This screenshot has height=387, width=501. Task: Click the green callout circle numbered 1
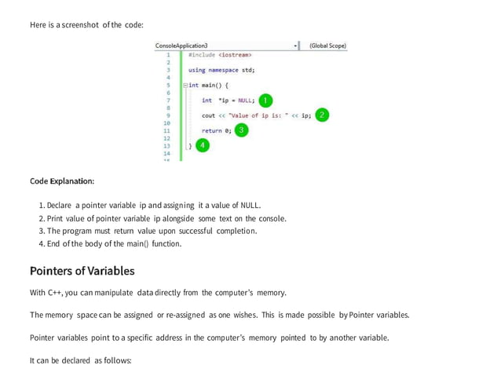pyautogui.click(x=265, y=100)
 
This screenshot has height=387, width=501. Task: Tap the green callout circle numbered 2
pyautogui.click(x=322, y=115)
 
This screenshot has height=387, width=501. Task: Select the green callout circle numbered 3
pyautogui.click(x=242, y=130)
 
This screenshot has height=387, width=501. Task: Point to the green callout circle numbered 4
pyautogui.click(x=203, y=146)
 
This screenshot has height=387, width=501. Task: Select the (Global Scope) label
pyautogui.click(x=327, y=46)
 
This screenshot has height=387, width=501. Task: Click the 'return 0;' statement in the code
pyautogui.click(x=216, y=130)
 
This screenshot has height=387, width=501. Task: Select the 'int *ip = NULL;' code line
pyautogui.click(x=228, y=100)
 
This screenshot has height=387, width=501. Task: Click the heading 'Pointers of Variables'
pyautogui.click(x=82, y=271)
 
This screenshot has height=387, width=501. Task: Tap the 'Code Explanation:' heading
pyautogui.click(x=62, y=181)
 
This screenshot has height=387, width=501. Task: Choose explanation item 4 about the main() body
pyautogui.click(x=110, y=243)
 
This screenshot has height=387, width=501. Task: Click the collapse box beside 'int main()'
pyautogui.click(x=184, y=85)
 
